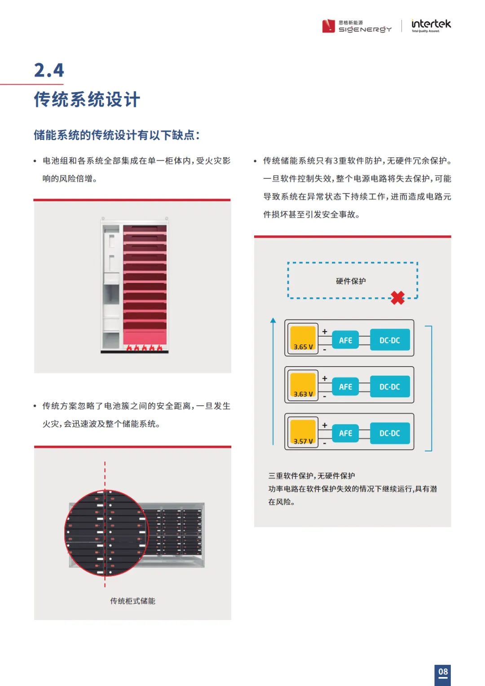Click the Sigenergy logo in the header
coord(357,26)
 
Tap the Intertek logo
coord(431,25)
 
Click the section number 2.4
coord(49,71)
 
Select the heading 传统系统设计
coord(87,99)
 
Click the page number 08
coord(443,672)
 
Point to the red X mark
coord(397,298)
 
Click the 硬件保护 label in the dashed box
coord(351,281)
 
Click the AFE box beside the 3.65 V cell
coord(345,341)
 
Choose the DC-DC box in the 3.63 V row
coord(389,387)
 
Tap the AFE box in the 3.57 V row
coord(345,434)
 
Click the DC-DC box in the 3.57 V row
coord(389,434)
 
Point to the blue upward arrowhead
coord(273,320)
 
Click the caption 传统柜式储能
coord(132,601)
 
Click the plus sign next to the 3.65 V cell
coord(325,332)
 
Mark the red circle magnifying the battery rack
coord(106,533)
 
